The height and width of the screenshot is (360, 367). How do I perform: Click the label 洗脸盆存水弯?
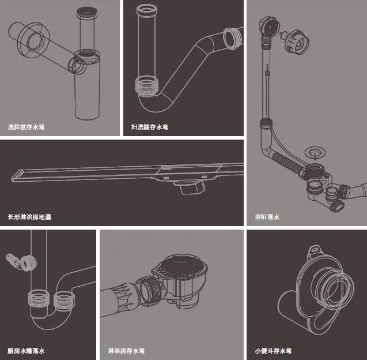pyautogui.click(x=26, y=126)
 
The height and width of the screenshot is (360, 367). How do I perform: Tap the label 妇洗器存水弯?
pyautogui.click(x=150, y=126)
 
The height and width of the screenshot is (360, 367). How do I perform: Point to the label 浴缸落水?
pyautogui.click(x=267, y=217)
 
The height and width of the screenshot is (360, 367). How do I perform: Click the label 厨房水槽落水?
pyautogui.click(x=26, y=350)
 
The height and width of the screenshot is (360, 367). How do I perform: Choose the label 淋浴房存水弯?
pyautogui.click(x=126, y=350)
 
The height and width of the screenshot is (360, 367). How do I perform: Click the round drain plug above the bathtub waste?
pyautogui.click(x=314, y=153)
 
